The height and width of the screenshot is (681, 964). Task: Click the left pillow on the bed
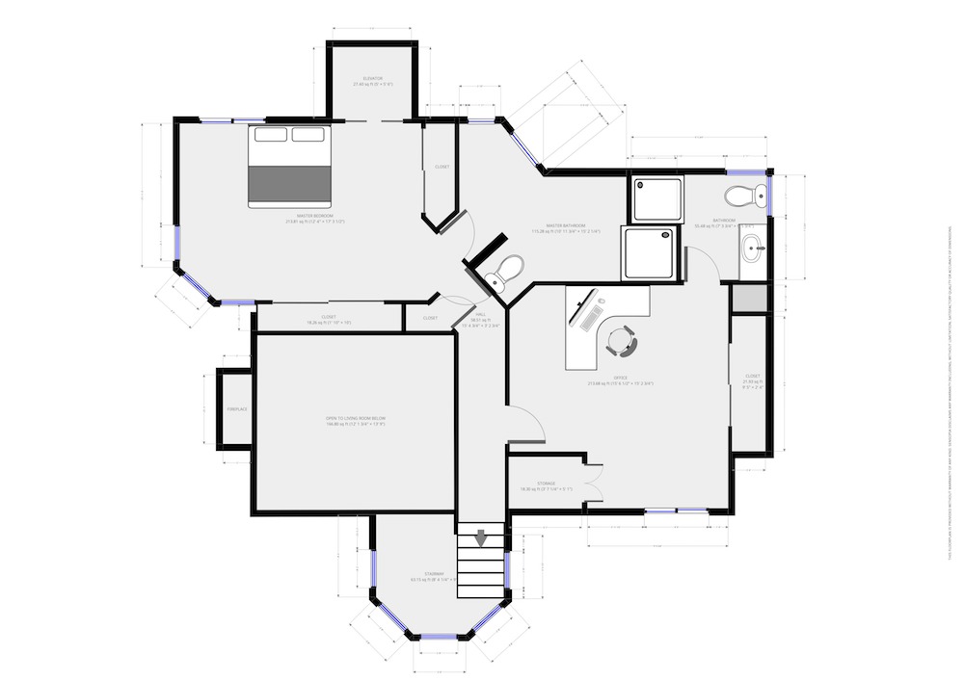coord(272,135)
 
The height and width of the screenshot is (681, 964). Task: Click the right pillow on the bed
coord(308,135)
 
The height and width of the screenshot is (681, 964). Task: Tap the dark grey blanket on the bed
coord(290,183)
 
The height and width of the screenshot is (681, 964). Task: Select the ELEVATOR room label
coord(373,78)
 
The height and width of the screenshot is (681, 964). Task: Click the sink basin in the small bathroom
coord(753,249)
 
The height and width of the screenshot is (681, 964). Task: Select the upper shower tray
coord(657,199)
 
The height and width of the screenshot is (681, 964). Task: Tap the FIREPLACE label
coord(237,409)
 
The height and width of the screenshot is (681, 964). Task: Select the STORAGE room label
coord(547,484)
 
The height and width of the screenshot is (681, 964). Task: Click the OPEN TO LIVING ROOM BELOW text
coord(355,418)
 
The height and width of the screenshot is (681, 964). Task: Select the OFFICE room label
coord(622,378)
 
